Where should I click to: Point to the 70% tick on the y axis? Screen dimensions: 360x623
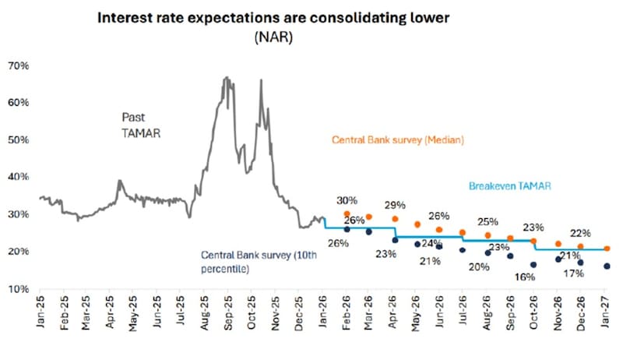(19, 66)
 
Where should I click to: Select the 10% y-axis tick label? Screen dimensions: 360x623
(19, 289)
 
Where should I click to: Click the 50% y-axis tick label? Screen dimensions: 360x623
(19, 140)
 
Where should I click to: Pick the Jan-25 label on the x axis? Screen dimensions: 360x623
(40, 312)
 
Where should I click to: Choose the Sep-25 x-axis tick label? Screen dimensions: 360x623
(227, 312)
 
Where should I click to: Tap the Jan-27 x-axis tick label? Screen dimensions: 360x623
(605, 312)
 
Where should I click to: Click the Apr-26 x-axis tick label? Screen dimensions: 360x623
(392, 312)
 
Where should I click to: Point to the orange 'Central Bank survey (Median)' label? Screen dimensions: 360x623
(398, 141)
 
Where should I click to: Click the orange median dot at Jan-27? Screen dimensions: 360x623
(606, 249)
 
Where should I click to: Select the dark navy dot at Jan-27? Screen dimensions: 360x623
(606, 266)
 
